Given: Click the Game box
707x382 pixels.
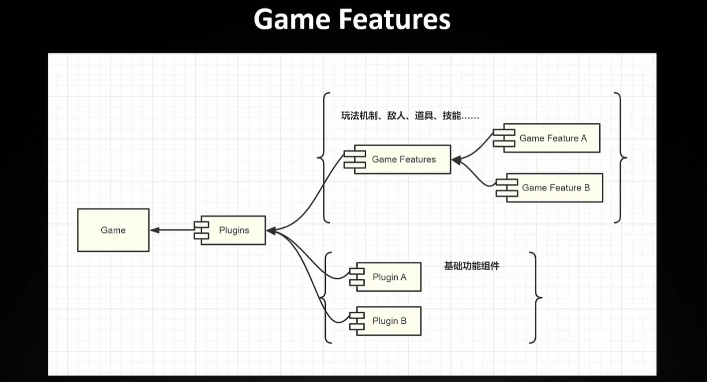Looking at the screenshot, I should click(x=113, y=230).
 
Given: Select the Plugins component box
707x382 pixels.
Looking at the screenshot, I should click(x=234, y=230).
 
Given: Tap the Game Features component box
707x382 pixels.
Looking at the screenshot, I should click(x=404, y=160).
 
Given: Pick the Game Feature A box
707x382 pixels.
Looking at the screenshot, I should click(x=553, y=138).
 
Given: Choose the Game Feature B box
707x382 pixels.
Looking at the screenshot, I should click(x=556, y=188).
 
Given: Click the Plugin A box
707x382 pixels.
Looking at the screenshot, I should click(x=389, y=277).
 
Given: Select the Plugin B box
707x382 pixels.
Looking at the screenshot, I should click(x=389, y=321).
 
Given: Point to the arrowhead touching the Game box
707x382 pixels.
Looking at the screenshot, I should click(x=154, y=230).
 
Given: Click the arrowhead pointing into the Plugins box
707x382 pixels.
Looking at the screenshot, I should click(x=271, y=230).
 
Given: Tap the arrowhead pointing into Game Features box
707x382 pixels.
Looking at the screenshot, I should click(x=456, y=160).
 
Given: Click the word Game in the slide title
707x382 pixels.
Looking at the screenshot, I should click(x=291, y=20).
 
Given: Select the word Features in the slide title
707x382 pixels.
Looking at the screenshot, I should click(x=394, y=20).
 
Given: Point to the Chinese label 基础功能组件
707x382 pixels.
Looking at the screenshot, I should click(x=471, y=266).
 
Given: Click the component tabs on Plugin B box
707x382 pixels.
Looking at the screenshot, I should click(x=356, y=321).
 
